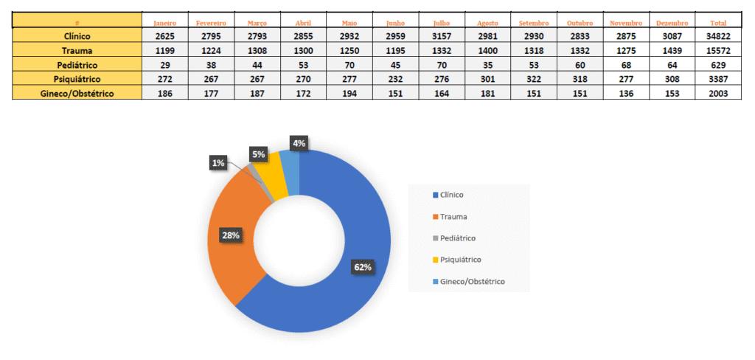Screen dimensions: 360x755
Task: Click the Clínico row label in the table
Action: (77, 36)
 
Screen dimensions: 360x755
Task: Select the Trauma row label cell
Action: (77, 50)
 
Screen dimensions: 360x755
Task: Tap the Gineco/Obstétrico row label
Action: (77, 94)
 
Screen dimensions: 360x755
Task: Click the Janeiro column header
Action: (164, 23)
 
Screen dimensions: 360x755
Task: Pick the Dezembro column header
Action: (672, 23)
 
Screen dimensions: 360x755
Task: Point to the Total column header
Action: (717, 23)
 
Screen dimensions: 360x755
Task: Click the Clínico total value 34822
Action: (717, 36)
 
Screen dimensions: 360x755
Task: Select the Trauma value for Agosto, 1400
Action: (487, 50)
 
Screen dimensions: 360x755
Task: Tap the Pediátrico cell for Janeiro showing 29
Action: (164, 65)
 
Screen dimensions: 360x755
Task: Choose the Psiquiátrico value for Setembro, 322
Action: (534, 79)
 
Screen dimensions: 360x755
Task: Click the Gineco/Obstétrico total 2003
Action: (717, 94)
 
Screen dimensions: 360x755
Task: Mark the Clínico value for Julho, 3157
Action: (441, 36)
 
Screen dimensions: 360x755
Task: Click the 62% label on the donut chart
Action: (363, 267)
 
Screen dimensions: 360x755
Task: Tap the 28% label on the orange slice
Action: (231, 235)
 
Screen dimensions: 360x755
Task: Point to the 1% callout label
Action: (218, 163)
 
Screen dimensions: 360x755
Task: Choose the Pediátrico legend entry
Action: (457, 238)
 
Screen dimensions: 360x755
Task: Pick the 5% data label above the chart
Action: (258, 154)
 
